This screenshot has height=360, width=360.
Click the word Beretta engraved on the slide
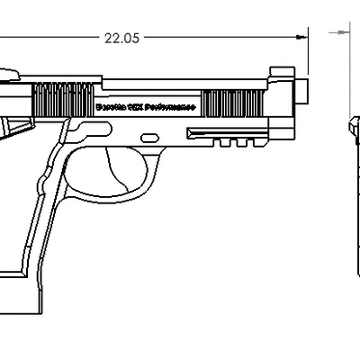[x=112, y=105]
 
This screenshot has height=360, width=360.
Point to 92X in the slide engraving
[x=138, y=105]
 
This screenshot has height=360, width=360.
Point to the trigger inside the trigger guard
[x=114, y=166]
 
